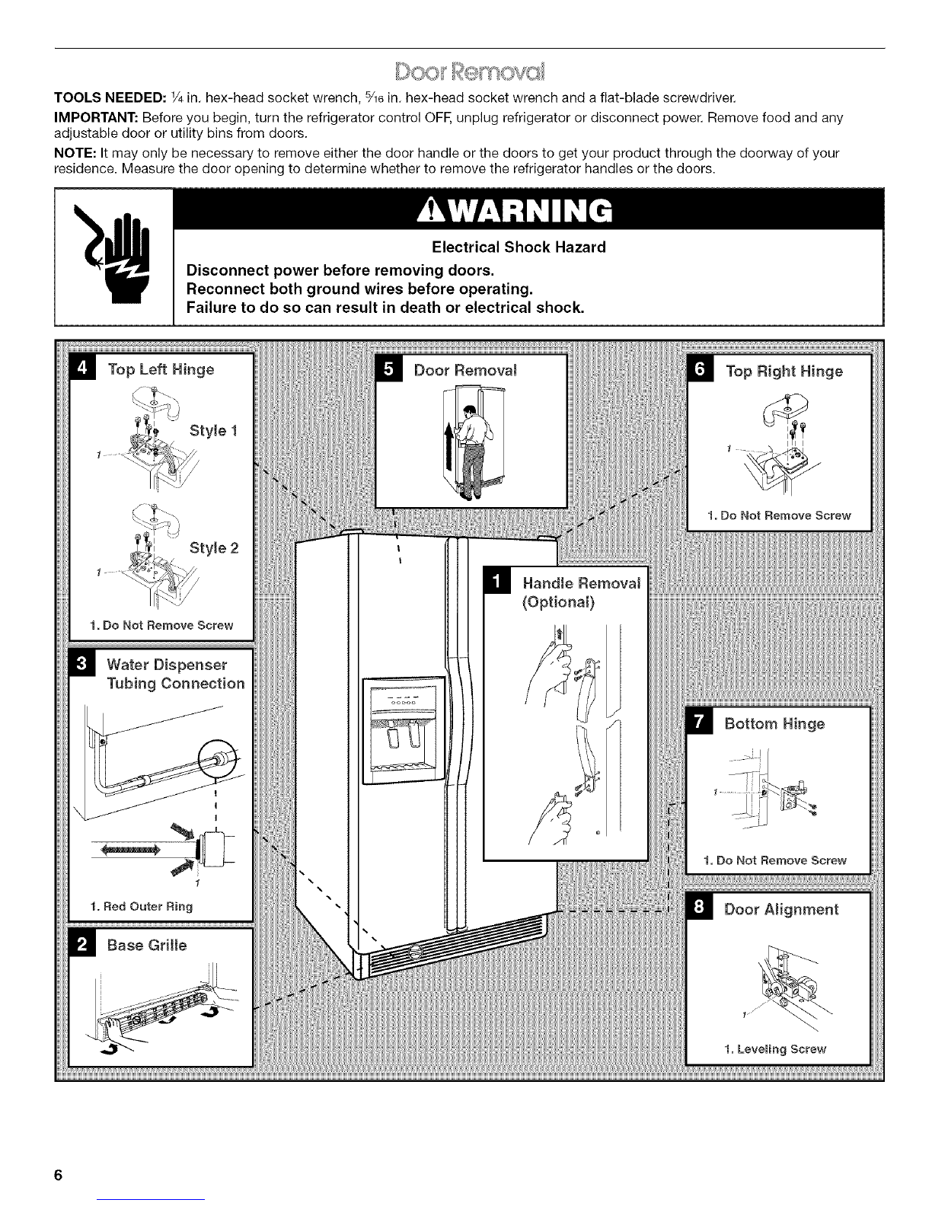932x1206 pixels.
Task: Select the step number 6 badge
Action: (698, 371)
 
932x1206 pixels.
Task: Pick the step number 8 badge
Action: (698, 909)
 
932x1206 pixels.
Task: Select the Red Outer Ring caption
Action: (141, 906)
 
